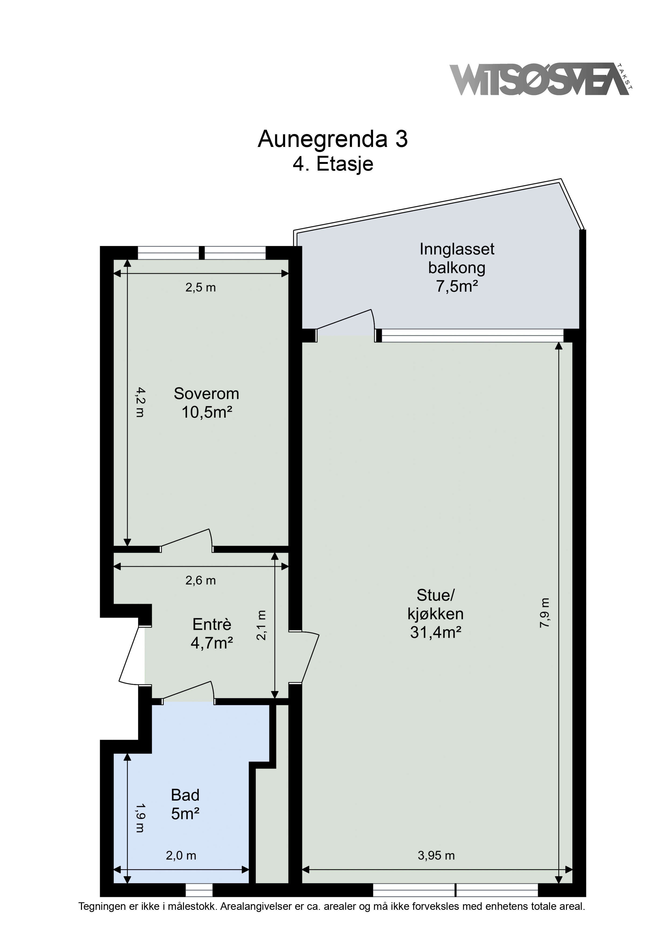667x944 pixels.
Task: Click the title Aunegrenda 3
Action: (333, 139)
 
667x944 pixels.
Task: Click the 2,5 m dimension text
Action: (201, 288)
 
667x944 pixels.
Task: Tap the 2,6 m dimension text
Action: (201, 580)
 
